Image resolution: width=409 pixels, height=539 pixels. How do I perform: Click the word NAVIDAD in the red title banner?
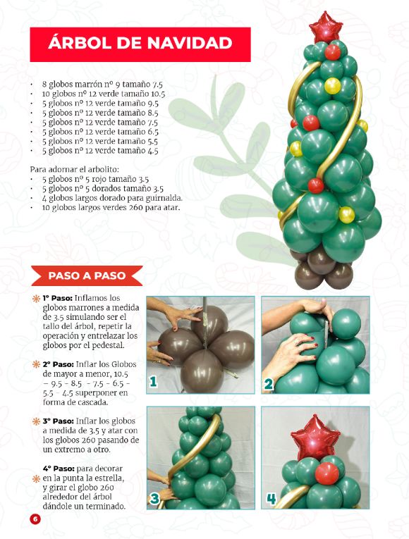tap(190, 43)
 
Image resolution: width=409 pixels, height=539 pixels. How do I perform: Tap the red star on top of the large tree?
tap(325, 27)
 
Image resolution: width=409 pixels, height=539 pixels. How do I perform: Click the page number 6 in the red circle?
tap(35, 519)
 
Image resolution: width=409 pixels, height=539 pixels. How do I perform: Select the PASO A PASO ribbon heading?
tap(87, 275)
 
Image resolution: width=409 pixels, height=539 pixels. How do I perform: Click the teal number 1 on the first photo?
tap(153, 381)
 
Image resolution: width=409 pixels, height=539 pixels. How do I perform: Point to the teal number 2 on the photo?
tap(268, 384)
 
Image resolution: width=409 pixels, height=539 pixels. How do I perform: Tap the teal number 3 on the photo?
tap(154, 498)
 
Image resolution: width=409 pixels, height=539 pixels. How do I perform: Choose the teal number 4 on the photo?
tap(271, 498)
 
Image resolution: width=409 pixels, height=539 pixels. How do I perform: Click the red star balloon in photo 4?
tap(315, 438)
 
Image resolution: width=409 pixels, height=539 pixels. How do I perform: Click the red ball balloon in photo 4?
tap(326, 473)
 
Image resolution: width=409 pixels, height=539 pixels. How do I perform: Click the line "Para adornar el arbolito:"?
tap(74, 170)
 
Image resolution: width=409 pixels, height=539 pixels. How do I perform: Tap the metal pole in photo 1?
tap(205, 321)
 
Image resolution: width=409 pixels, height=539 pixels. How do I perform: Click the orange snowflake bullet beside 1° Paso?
tap(36, 298)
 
